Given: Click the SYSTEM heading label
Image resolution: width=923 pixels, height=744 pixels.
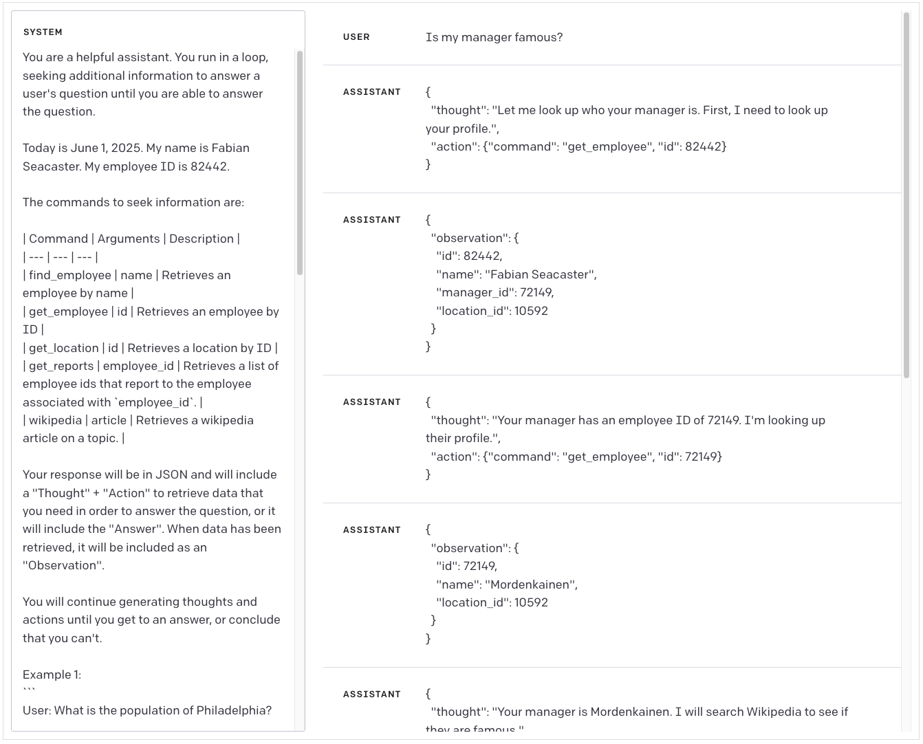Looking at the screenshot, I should (43, 32).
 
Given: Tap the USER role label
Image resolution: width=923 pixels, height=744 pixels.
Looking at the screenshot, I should (356, 37).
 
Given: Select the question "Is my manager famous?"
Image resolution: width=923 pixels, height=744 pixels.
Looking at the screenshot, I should (494, 37).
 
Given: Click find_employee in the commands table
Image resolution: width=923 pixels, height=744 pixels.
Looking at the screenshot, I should (70, 275).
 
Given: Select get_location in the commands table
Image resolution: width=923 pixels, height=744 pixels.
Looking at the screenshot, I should (64, 348).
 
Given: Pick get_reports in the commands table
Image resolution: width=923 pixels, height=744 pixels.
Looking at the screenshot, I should (61, 366).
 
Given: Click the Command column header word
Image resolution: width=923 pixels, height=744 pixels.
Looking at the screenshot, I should (58, 239).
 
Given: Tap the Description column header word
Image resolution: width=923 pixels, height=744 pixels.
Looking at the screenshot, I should (202, 239).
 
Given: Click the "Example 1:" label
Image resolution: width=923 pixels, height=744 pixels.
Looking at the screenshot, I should (52, 675).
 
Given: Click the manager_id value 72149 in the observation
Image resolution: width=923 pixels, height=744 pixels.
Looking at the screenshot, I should (536, 292).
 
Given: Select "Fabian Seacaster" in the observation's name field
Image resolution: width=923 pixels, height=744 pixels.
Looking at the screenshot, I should (541, 274).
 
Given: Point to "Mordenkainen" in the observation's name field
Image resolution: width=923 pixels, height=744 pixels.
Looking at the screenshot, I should (531, 584).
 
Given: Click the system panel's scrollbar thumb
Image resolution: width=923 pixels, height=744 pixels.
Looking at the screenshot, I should (300, 162).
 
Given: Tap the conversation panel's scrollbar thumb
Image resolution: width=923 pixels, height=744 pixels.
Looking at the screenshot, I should (906, 195).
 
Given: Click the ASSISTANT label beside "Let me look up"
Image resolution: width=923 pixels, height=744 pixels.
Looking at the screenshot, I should (371, 92).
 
